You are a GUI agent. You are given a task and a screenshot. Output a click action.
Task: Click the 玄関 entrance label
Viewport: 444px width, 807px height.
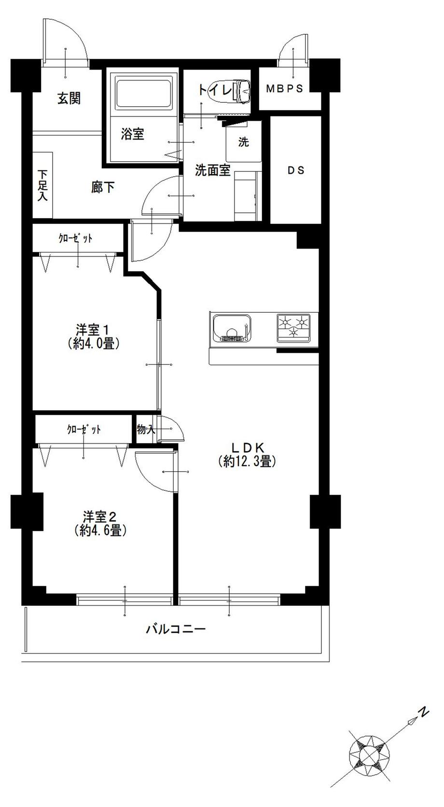[69, 98]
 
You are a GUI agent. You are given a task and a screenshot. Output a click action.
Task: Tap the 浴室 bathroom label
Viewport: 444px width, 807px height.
[132, 134]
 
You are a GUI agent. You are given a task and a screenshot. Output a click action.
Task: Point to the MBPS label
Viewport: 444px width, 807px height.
[285, 89]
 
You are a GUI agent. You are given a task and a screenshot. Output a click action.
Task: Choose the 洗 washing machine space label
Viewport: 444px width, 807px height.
[244, 142]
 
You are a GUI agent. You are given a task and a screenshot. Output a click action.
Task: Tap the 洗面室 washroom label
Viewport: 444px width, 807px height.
[212, 170]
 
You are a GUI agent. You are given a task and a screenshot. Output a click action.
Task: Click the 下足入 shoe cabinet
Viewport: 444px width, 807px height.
[43, 185]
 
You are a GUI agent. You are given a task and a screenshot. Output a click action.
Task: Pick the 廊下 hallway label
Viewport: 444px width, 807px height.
[103, 187]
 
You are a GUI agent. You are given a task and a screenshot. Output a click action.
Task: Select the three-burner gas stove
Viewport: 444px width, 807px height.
[293, 328]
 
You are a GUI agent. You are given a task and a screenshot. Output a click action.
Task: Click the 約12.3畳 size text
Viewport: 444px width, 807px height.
[247, 461]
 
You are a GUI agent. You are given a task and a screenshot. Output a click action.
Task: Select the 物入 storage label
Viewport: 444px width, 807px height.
[145, 429]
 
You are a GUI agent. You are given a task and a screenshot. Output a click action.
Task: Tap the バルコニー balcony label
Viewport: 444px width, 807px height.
[176, 629]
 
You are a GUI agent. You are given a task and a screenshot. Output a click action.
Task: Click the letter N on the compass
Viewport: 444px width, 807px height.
[423, 712]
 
